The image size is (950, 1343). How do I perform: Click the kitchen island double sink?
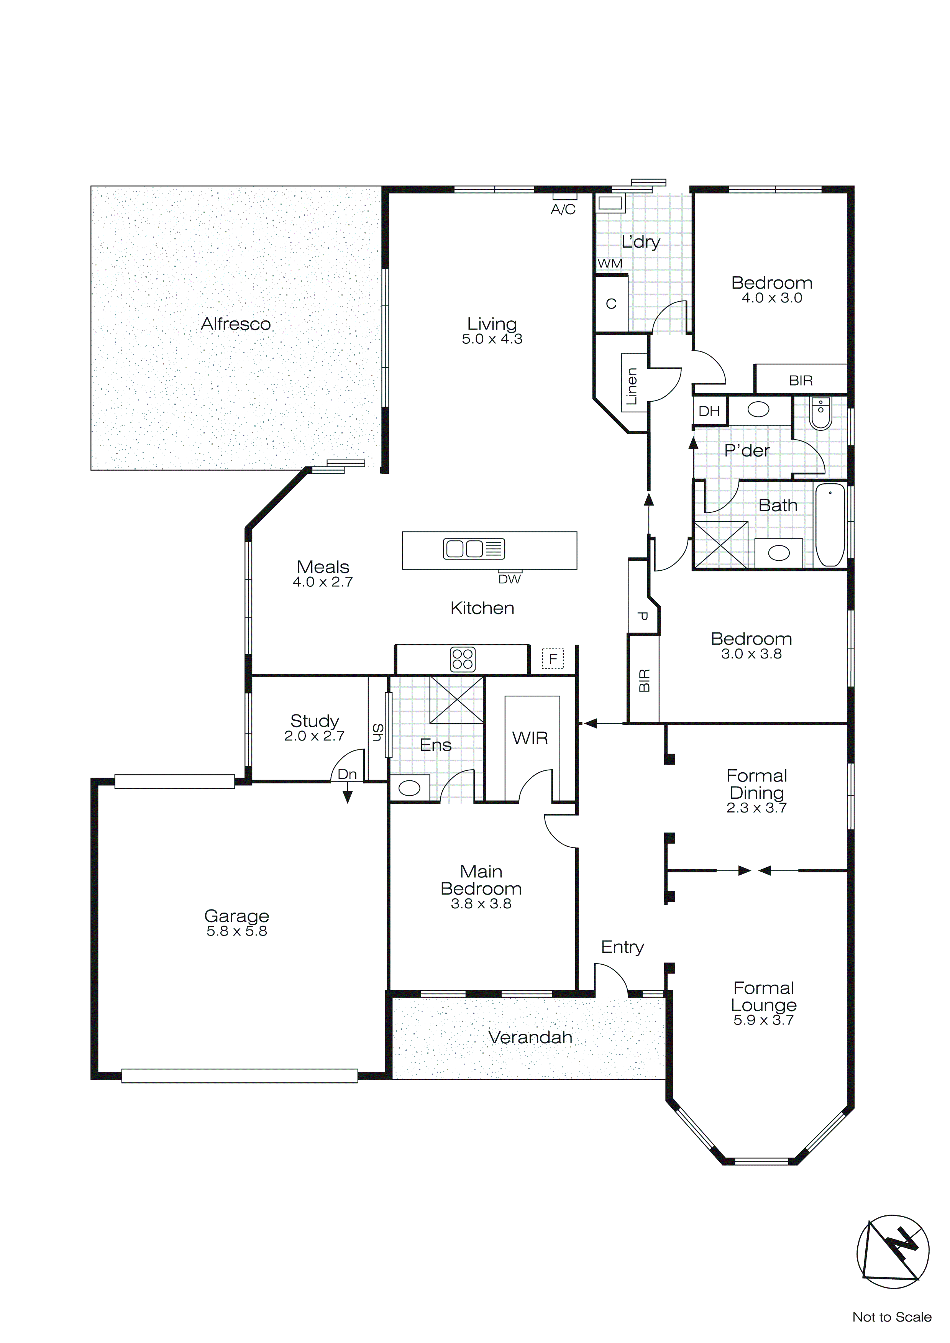click(x=474, y=549)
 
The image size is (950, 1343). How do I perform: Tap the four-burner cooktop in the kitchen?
click(x=462, y=659)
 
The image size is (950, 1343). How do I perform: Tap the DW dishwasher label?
click(x=510, y=579)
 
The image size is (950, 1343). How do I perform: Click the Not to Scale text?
click(x=891, y=1317)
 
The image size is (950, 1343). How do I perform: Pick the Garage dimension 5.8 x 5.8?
click(x=236, y=931)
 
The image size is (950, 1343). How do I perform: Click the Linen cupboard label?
click(x=632, y=386)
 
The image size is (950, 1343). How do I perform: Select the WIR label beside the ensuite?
click(x=530, y=738)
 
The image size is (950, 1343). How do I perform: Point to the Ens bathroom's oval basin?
click(x=410, y=788)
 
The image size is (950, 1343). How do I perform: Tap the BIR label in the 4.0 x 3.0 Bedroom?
click(x=800, y=381)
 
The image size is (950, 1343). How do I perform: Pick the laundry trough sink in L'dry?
click(x=610, y=204)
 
